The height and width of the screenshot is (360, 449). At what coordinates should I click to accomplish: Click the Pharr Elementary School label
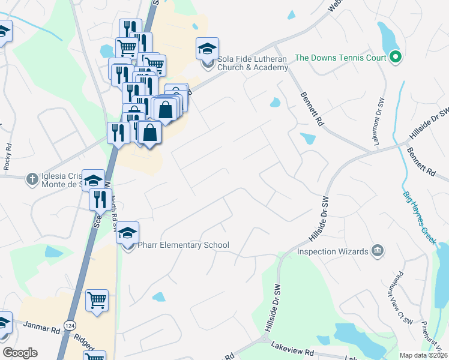[x=184, y=245]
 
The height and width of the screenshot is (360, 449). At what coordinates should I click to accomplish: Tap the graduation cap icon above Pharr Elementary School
[x=127, y=233]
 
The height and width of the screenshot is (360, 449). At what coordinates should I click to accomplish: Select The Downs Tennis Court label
[x=340, y=58]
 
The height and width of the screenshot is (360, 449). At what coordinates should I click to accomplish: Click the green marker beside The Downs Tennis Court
[x=395, y=58]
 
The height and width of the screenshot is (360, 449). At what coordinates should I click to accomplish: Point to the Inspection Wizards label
[x=333, y=251]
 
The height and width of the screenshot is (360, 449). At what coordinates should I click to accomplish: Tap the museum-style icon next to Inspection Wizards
[x=378, y=250]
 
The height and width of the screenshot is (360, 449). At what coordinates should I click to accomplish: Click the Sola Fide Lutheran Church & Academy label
[x=253, y=64]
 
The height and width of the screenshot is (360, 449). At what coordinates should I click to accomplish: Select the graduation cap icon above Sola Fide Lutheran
[x=207, y=49]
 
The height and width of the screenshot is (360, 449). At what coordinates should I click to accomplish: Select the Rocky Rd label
[x=7, y=155]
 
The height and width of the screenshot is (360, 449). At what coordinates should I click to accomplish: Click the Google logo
[x=20, y=353]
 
